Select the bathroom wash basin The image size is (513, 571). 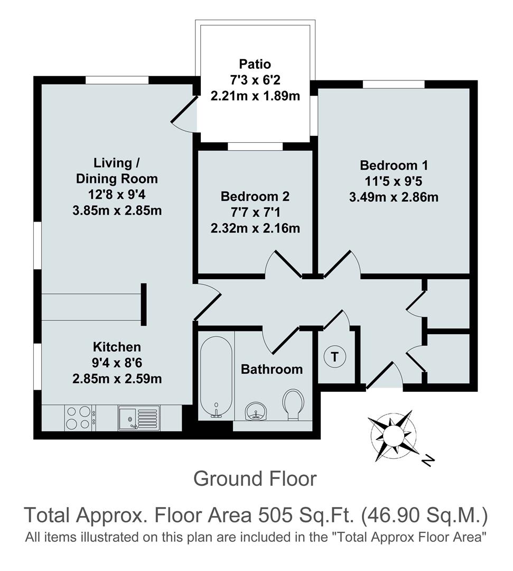[x=256, y=410]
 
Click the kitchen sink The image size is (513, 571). [x=138, y=417]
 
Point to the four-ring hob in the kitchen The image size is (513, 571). [x=79, y=417]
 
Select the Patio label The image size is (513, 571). [x=255, y=65]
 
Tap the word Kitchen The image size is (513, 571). [x=117, y=347]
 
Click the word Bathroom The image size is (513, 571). [x=272, y=369]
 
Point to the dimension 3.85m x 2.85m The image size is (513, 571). [x=117, y=210]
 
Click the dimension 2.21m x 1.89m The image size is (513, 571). [x=255, y=97]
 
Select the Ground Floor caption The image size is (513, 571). [x=255, y=479]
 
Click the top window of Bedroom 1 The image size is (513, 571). [x=394, y=84]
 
